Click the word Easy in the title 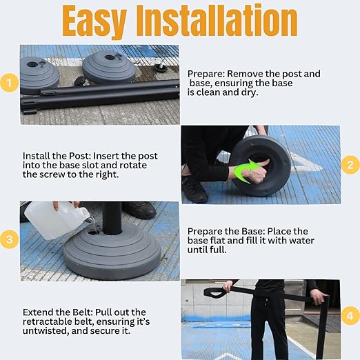coord(94,22)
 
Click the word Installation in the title coord(218,20)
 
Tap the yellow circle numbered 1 coord(10,83)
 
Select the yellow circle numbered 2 coord(350,165)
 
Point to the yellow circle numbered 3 coord(10,239)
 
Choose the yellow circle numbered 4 coord(350,315)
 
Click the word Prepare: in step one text coord(206,74)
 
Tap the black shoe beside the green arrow coord(194,189)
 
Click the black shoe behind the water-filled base coord(139,210)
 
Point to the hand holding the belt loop coord(227,286)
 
